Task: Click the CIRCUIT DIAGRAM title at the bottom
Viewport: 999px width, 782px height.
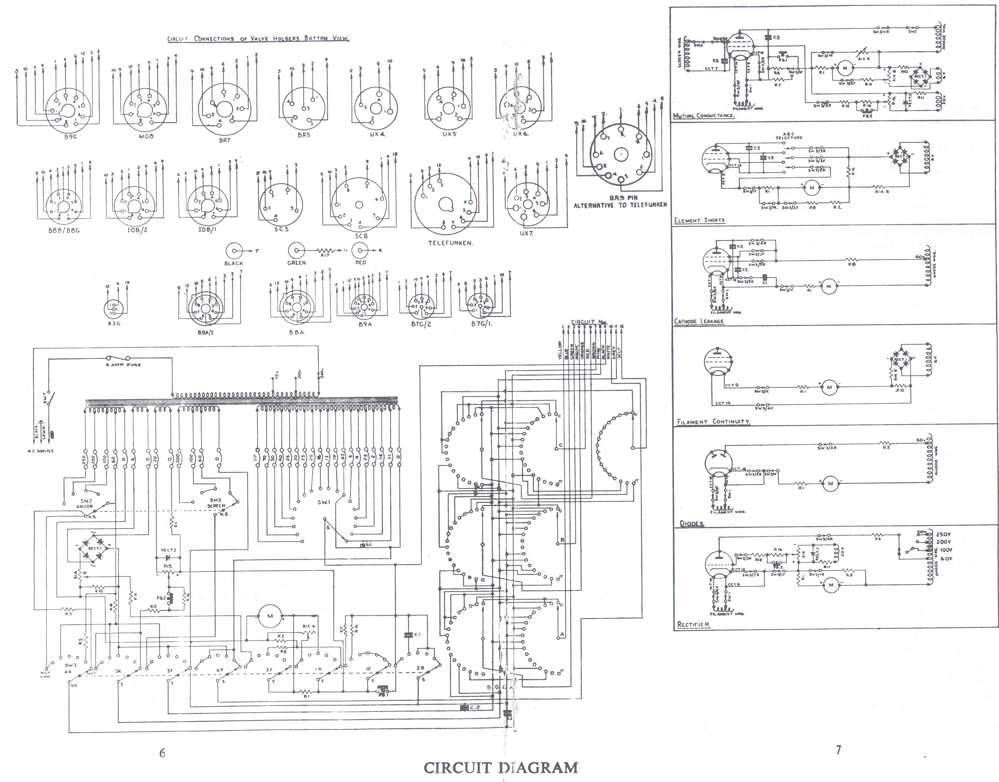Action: click(x=500, y=768)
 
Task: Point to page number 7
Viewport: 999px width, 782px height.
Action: click(x=838, y=750)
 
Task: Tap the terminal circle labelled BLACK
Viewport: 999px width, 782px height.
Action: click(x=234, y=251)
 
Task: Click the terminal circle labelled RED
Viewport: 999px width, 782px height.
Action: click(x=361, y=251)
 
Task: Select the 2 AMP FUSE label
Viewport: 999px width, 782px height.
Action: click(x=124, y=365)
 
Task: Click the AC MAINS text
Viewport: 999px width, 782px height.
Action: click(x=40, y=451)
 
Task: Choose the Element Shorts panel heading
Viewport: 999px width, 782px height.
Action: click(x=699, y=220)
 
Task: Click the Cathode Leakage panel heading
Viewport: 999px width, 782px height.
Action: click(x=699, y=321)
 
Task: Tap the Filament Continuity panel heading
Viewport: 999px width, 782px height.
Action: click(x=713, y=422)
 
